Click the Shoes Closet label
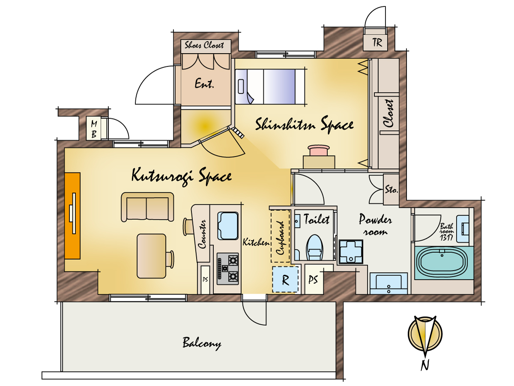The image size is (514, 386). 204,45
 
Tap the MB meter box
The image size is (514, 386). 94,129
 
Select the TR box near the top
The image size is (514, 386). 375,42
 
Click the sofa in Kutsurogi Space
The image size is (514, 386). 147,207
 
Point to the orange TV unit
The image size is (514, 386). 72,216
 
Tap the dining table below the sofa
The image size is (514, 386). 152,256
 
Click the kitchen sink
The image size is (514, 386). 228,226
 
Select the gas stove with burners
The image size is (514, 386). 227,269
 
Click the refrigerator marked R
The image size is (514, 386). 285,279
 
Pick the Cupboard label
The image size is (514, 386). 281,238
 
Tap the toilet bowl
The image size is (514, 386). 314,248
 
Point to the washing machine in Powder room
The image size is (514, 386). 351,252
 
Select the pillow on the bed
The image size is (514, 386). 241,87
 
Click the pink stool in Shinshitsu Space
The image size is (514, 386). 319,150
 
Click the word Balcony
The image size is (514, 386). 202,344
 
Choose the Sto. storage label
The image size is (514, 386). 391,189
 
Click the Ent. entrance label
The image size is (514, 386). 204,84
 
